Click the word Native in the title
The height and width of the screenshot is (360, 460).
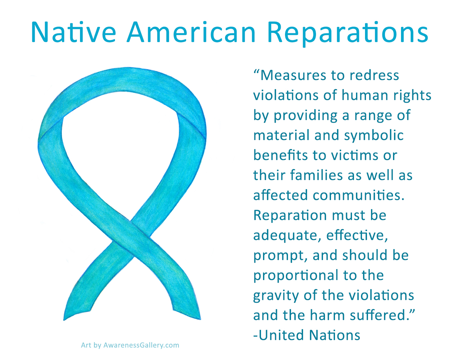[x=73, y=32]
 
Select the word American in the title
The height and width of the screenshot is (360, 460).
[x=191, y=32]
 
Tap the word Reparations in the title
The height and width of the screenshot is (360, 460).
[x=347, y=33]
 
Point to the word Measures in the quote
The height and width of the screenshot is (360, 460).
[x=292, y=75]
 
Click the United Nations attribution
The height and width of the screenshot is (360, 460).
[x=307, y=335]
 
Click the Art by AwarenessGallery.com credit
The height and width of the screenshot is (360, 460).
[x=130, y=345]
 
